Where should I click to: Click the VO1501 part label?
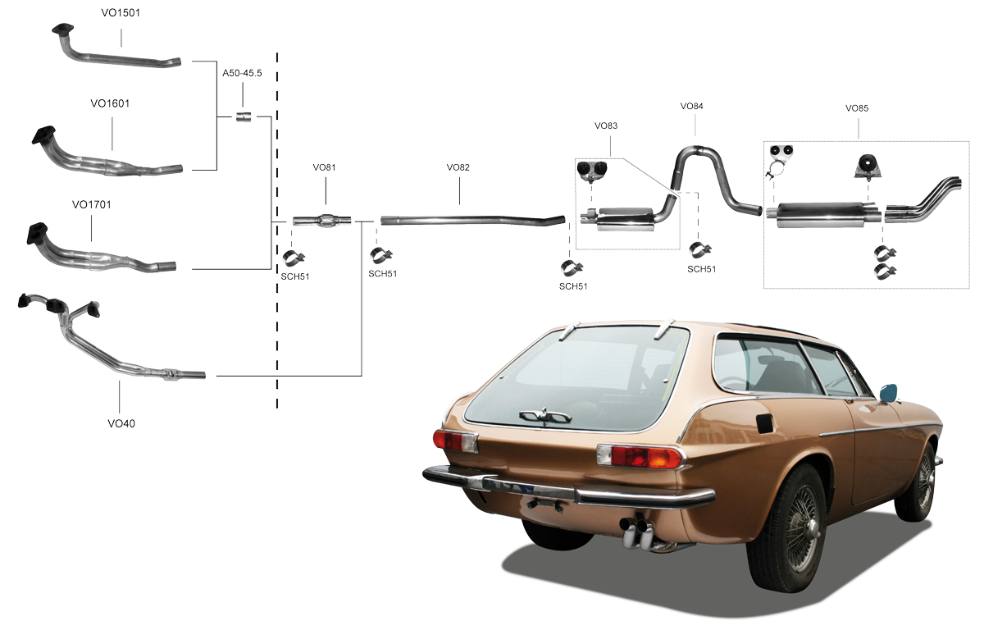pos(121,13)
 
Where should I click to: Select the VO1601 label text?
pos(110,103)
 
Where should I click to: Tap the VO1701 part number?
pos(91,205)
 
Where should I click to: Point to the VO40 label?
pos(121,423)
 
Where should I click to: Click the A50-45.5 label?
pos(242,73)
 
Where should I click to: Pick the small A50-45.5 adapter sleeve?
pos(244,117)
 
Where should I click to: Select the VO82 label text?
pos(458,167)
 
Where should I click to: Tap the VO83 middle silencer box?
pos(624,218)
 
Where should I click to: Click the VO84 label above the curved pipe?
pos(692,107)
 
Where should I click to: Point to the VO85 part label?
pos(857,108)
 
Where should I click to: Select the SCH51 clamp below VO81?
pos(293,258)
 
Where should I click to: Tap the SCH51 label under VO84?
pos(702,269)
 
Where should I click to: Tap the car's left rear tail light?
pos(455,441)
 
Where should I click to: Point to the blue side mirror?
pos(888,392)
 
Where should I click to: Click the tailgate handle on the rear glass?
pos(544,416)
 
